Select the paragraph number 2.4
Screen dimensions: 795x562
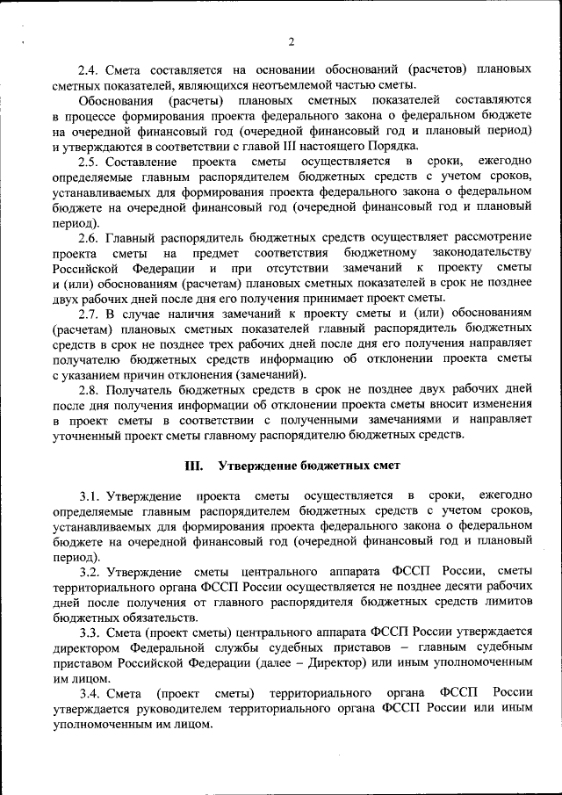pos(88,69)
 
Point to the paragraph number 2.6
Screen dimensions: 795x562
pos(88,239)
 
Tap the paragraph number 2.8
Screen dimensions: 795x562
pos(88,390)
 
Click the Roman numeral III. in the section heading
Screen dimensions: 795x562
pos(193,465)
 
